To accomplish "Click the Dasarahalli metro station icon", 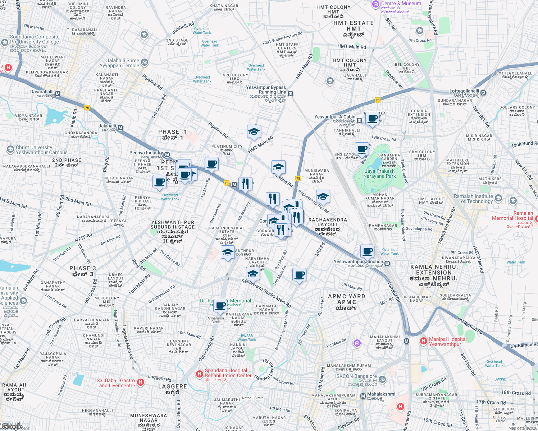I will coord(58,94).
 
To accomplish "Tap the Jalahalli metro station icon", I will coord(120,128).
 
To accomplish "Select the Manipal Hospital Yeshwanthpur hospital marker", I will coord(423,340).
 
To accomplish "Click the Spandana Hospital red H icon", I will coord(200,374).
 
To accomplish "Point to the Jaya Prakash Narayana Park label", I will coord(379,173).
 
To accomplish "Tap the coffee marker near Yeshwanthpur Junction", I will coord(367,251).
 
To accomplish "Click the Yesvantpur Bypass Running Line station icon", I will coord(291,94).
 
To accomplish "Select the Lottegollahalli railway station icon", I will coord(483,93).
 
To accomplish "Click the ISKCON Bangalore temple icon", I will coord(382,379).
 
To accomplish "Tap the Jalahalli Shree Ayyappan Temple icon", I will coord(144,62).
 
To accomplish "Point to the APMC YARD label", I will coord(346,296).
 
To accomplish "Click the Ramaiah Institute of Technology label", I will coord(473,199).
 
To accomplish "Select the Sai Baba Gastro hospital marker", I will coord(141,382).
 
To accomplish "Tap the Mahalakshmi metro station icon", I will coord(363,396).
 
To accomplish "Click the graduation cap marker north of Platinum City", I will coord(254,131).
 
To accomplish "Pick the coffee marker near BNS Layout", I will coord(362,149).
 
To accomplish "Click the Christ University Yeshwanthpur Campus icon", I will coord(10,149).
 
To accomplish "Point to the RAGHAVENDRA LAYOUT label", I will coord(328,222).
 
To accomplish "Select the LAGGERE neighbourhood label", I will coord(172,386).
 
